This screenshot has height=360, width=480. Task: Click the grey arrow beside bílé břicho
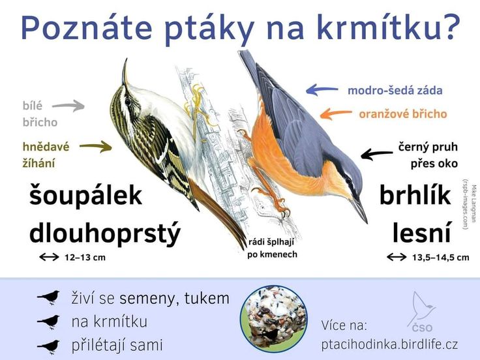tap(68, 106)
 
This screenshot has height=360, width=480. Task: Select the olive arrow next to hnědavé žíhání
tap(95, 147)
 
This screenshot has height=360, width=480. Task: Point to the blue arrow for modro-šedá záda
tap(322, 90)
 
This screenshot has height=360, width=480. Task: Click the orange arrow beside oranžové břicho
tap(336, 113)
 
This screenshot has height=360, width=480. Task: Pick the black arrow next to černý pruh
tap(376, 154)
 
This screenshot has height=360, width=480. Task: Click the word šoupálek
tap(85, 195)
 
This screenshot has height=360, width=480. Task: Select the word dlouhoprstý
tap(105, 233)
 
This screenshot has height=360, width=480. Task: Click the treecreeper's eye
tap(128, 101)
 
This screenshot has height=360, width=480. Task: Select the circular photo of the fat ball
tap(274, 319)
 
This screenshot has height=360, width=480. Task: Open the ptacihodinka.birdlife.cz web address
tap(390, 344)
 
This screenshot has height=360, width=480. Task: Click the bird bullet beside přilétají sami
tap(49, 346)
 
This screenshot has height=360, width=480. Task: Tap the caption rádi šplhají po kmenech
tap(272, 248)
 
